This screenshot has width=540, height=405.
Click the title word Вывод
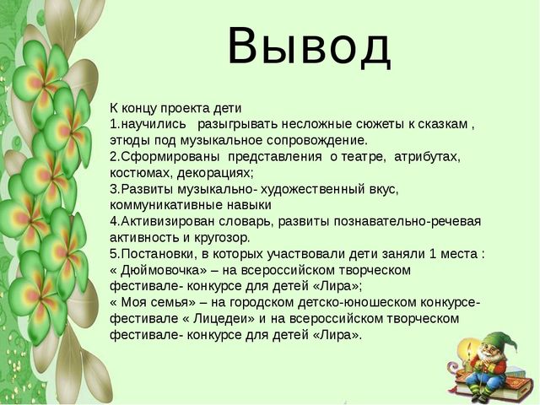[309, 46]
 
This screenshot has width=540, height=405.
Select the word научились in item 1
[154, 124]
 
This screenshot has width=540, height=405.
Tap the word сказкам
[443, 124]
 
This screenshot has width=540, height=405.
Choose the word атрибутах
[427, 157]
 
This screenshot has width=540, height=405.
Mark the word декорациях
[215, 173]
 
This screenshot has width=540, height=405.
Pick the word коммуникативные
[166, 205]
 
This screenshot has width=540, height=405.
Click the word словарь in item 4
[245, 221]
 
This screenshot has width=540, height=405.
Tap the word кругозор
[222, 238]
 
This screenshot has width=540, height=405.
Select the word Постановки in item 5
[159, 254]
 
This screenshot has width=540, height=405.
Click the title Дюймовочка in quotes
[160, 270]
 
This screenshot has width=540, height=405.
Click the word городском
[262, 303]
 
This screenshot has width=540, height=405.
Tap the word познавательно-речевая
[407, 221]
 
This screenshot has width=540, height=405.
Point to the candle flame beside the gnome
[467, 347]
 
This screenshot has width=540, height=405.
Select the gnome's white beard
[491, 359]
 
